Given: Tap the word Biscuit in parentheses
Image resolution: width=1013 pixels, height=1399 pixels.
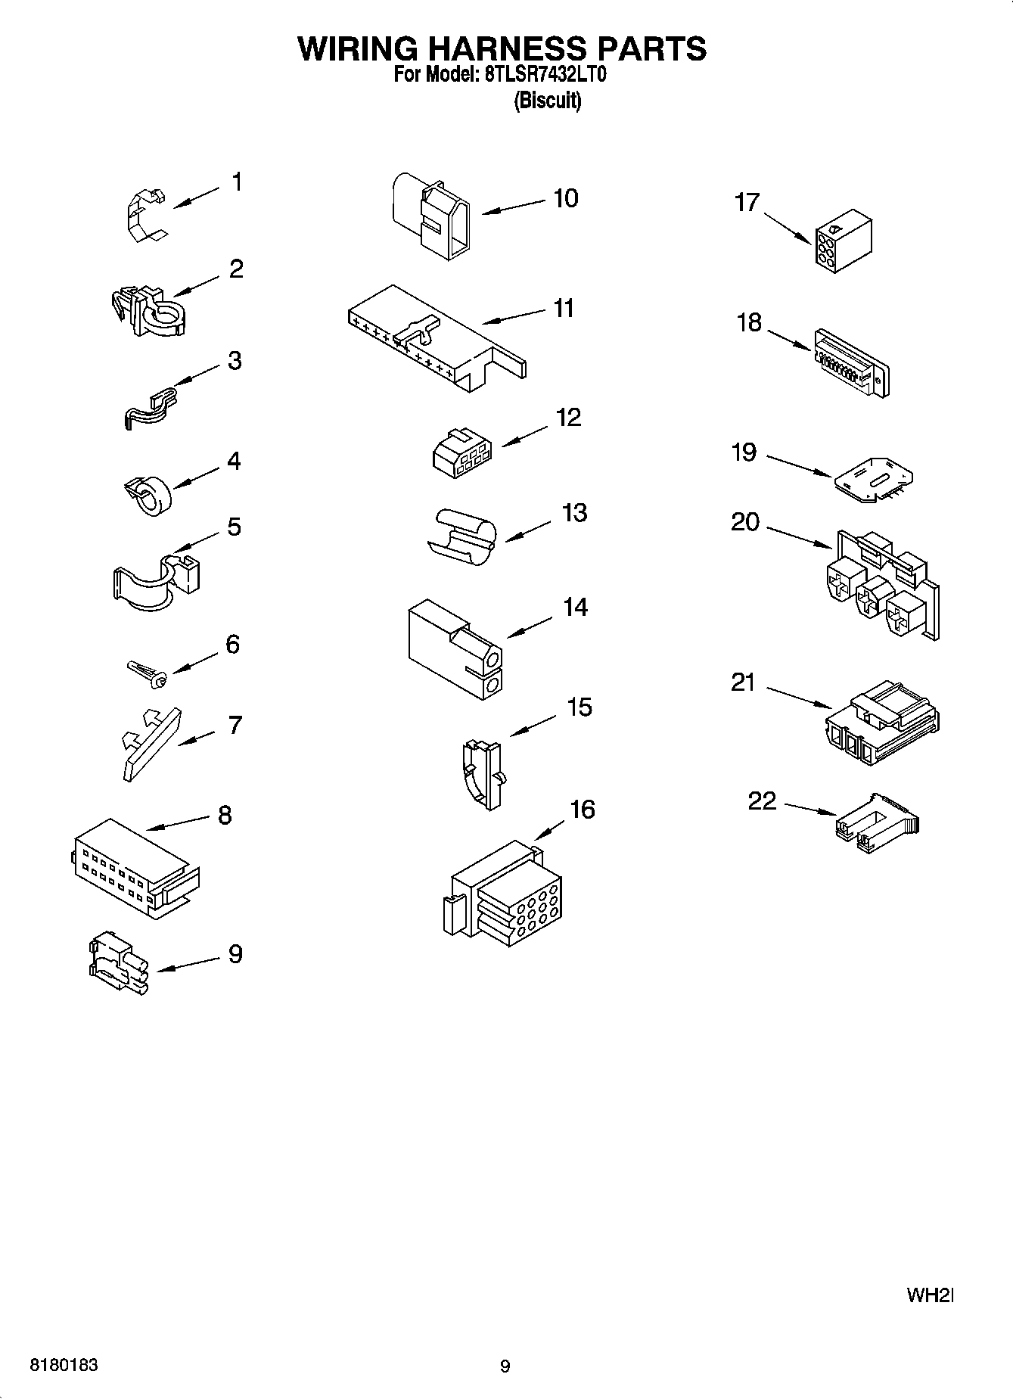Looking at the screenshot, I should click(547, 101).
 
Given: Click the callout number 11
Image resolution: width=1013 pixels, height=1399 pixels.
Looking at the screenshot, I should click(564, 309).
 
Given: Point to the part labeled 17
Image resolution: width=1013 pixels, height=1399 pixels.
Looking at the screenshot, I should click(842, 241).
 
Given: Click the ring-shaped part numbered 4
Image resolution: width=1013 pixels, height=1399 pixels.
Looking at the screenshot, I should click(148, 496).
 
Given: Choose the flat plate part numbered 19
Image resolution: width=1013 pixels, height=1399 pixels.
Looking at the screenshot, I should click(875, 478).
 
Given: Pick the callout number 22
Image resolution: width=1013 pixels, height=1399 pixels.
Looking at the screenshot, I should click(762, 801).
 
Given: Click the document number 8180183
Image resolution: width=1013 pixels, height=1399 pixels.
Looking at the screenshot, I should click(64, 1366).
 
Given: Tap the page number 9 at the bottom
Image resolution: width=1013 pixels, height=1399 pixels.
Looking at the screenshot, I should click(505, 1366).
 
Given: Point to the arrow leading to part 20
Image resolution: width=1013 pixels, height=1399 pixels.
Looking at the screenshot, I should click(799, 535).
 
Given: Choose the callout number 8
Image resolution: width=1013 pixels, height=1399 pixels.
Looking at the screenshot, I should click(225, 816).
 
